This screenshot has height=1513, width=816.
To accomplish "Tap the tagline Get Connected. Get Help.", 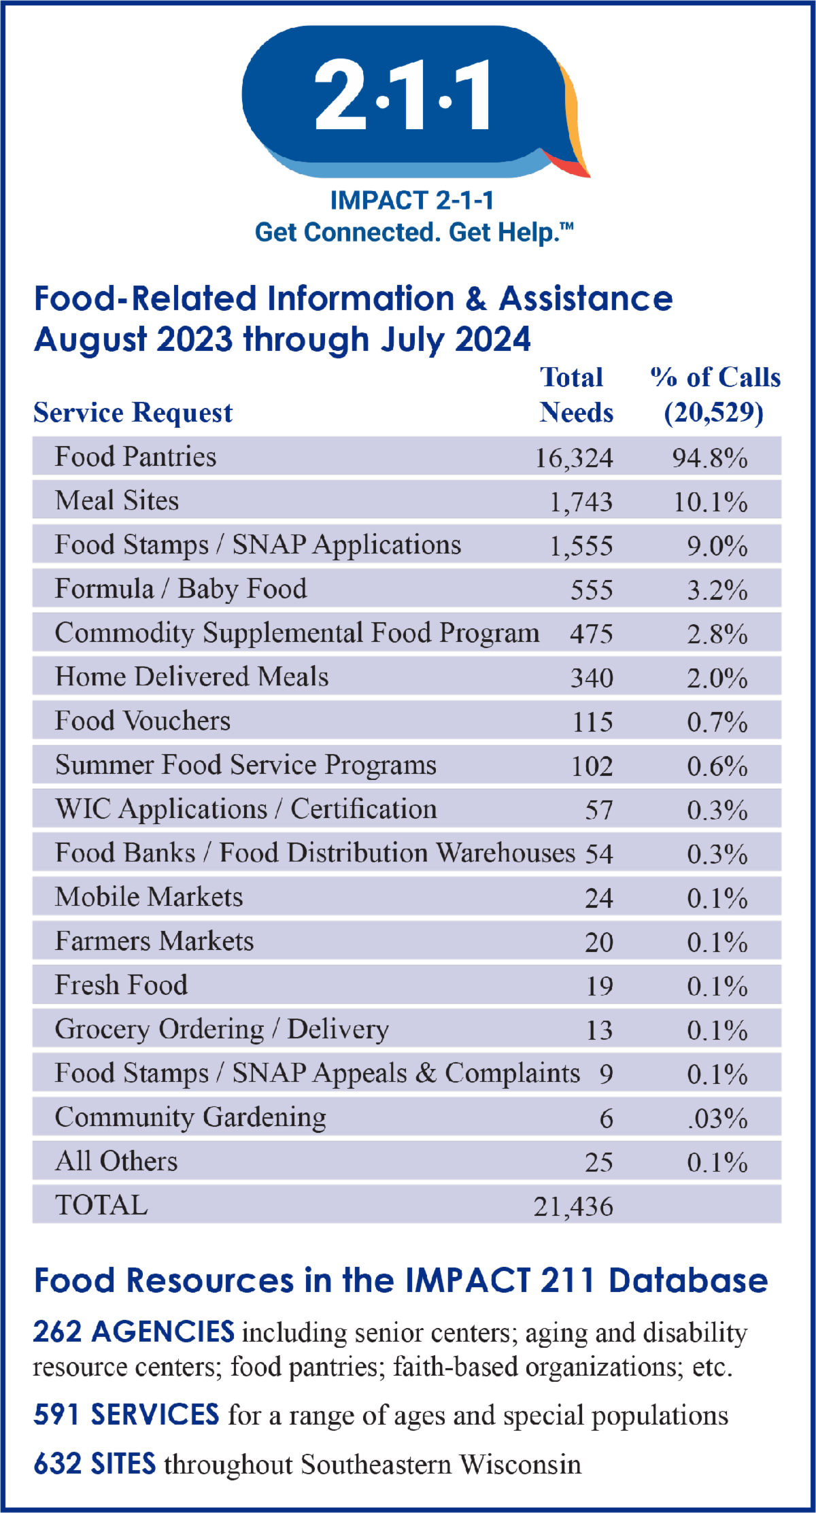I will (x=413, y=233).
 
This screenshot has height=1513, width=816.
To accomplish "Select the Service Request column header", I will (x=133, y=413).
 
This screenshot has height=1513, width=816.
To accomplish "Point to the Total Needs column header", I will (x=575, y=395).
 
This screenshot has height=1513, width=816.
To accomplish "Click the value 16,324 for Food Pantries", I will (x=574, y=458).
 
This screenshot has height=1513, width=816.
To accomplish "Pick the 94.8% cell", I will (x=710, y=458).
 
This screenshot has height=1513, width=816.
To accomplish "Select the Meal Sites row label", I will (x=117, y=501).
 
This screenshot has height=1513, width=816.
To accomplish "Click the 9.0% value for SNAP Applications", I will (x=717, y=545).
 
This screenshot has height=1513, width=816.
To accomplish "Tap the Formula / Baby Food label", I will (x=181, y=589).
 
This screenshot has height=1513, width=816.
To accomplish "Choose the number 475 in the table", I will (x=592, y=634).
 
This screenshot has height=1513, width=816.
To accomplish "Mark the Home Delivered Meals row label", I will (x=192, y=677).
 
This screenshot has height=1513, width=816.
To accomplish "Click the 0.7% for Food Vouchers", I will (x=717, y=721).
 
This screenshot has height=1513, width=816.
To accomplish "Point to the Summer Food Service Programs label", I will (x=245, y=766).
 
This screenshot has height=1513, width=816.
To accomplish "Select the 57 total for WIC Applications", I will (x=599, y=810).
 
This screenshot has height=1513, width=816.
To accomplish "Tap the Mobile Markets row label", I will (x=149, y=898).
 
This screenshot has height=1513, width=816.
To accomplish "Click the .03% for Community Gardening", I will (x=717, y=1119).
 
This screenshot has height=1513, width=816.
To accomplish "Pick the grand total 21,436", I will (x=573, y=1206).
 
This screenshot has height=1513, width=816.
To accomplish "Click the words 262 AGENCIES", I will (x=134, y=1332).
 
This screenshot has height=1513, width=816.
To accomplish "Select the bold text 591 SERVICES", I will (x=126, y=1415).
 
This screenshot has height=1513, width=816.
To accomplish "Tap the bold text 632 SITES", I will (x=95, y=1464).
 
